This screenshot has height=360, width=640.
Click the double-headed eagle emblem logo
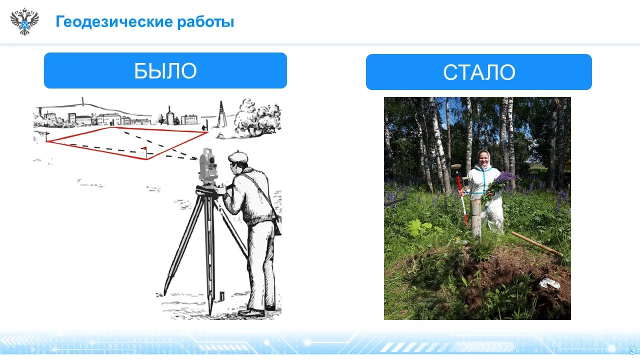[x=24, y=21]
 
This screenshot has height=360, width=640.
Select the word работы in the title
[x=205, y=22]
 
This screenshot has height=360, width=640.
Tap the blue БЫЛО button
[x=165, y=70]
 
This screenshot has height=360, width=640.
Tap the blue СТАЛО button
[x=479, y=72]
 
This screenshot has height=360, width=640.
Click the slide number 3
[x=632, y=350]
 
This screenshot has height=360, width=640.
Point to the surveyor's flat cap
[x=237, y=157]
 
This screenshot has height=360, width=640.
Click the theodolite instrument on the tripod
[x=207, y=165]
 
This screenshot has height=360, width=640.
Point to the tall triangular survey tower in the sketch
[x=221, y=114]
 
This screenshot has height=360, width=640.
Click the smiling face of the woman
[x=483, y=157]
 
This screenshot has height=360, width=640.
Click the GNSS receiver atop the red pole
[x=456, y=167]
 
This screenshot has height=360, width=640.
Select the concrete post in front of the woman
[x=476, y=218]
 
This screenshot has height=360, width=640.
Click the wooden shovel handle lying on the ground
[x=535, y=243]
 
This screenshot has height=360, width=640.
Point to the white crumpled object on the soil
[x=549, y=283]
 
